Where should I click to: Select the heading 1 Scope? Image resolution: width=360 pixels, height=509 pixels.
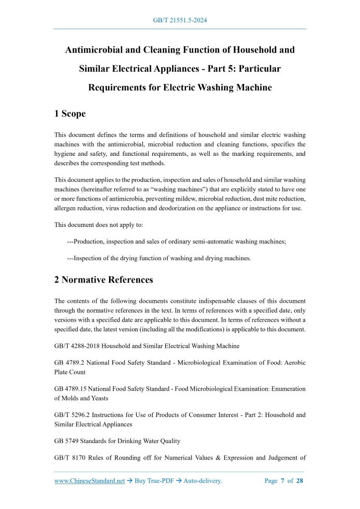click(x=70, y=113)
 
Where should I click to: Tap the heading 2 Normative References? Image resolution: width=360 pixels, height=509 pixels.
click(x=103, y=280)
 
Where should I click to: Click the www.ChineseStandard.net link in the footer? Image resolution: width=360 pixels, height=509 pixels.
click(x=90, y=481)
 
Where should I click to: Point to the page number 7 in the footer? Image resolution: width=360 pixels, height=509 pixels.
click(x=283, y=481)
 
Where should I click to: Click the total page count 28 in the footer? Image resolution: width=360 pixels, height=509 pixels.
click(x=300, y=481)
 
